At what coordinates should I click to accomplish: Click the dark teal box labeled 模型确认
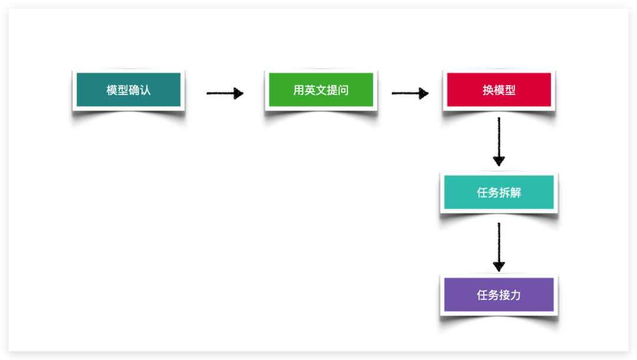tap(129, 89)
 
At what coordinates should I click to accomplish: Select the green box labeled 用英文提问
tap(321, 89)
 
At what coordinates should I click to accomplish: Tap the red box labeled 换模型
tap(499, 89)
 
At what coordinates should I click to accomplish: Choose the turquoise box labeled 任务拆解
tap(499, 192)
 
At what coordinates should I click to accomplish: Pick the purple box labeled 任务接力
tap(499, 294)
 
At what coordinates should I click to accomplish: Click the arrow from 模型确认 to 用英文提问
tap(225, 93)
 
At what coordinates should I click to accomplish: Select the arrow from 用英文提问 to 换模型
tap(411, 93)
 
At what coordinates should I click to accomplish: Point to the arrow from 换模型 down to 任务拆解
tap(499, 142)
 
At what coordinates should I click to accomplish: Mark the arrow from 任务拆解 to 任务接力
tap(499, 247)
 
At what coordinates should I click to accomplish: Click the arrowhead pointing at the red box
tap(423, 93)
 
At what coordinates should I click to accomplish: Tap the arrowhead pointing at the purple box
tap(499, 267)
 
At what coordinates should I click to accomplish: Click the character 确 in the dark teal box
tap(134, 90)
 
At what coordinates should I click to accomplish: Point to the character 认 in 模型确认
tap(145, 90)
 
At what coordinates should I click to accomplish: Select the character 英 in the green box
tap(310, 90)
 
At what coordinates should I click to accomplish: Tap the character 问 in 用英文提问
tap(343, 90)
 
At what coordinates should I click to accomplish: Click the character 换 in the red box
tap(488, 90)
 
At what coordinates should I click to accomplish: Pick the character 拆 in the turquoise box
tap(504, 192)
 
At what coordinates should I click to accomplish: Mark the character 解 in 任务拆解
tap(515, 192)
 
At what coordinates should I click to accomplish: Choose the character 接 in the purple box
tap(504, 295)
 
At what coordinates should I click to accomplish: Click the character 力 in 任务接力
tap(515, 295)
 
